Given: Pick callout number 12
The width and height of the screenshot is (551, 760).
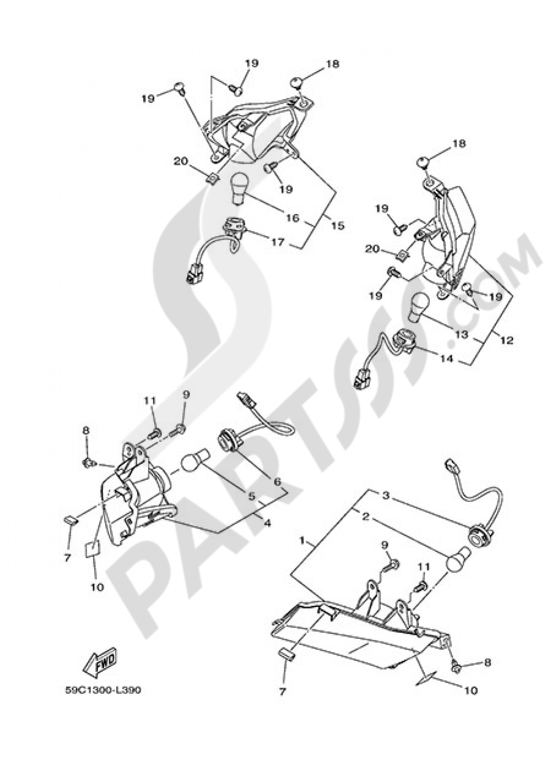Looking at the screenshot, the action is tap(506, 340).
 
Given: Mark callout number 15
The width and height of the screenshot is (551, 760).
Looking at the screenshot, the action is tap(337, 225).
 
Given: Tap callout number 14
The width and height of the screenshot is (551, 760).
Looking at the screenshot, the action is tap(447, 359).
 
